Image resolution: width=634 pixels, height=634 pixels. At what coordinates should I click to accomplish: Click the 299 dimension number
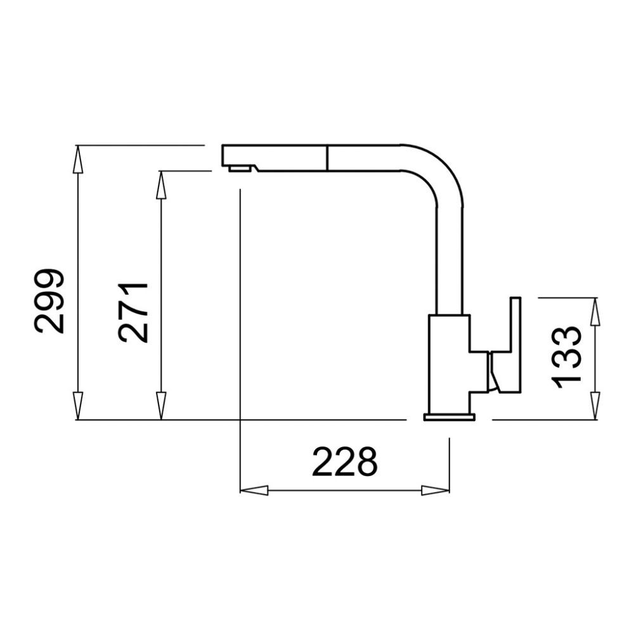coord(49,301)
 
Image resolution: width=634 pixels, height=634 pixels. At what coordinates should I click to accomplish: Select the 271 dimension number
coord(133,312)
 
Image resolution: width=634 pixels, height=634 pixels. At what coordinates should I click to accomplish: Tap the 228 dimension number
coord(344,462)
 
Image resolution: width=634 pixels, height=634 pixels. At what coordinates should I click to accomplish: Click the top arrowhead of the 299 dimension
coord(78,159)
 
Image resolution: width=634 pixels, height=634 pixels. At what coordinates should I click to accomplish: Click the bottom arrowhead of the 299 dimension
coord(78,406)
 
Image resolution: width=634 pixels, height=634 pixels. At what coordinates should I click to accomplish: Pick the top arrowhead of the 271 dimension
coord(161,184)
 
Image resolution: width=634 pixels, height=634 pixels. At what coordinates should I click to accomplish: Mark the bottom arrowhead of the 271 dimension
coord(161,406)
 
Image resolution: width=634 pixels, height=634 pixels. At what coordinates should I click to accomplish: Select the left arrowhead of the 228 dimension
coord(254,491)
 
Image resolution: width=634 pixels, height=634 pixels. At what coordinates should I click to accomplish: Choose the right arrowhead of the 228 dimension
coord(436,491)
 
